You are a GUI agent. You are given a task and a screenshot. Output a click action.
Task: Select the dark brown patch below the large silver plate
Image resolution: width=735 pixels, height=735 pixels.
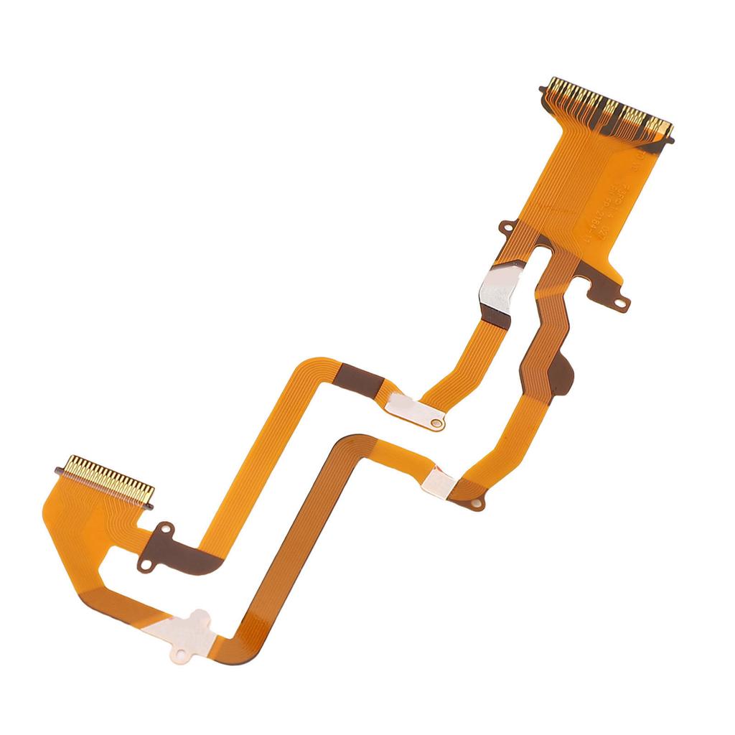pyautogui.click(x=497, y=314)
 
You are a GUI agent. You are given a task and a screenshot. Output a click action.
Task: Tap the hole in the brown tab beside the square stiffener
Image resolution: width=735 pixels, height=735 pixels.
pyautogui.click(x=474, y=505)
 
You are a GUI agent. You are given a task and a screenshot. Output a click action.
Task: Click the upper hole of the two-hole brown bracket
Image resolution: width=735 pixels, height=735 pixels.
pyautogui.click(x=167, y=530)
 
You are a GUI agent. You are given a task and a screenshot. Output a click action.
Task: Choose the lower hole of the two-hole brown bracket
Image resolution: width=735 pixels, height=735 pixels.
pyautogui.click(x=146, y=565)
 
